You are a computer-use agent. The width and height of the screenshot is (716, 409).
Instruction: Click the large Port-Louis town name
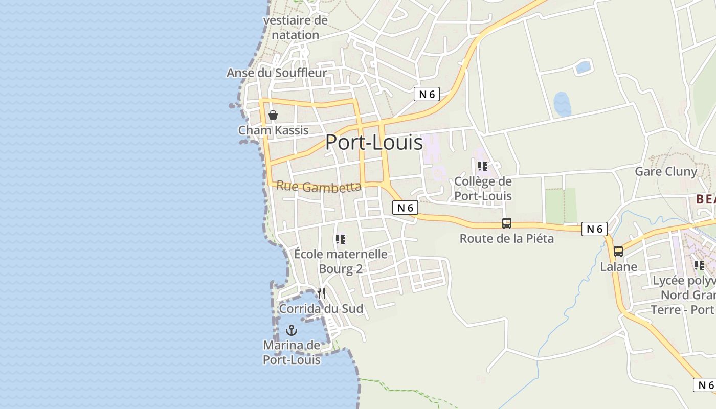point(374,142)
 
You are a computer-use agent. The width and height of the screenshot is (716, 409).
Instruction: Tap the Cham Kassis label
point(274,130)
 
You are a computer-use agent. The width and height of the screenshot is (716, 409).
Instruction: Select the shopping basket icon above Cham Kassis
point(273,115)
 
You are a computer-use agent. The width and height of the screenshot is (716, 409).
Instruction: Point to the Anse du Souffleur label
point(276,73)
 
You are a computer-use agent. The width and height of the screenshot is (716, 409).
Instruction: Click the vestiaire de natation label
point(295,28)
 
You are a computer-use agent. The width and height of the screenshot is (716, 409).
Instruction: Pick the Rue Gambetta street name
point(319,187)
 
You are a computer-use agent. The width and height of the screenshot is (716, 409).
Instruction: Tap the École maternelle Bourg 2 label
point(341,261)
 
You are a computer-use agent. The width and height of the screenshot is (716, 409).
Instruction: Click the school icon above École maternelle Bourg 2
point(341,239)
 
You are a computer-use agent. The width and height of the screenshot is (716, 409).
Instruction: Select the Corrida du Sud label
point(321,309)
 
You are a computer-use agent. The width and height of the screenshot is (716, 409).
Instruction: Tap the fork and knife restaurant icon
point(321,293)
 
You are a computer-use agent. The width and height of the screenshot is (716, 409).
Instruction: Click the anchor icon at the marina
point(292,330)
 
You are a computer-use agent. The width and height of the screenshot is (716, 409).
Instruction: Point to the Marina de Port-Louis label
point(292,352)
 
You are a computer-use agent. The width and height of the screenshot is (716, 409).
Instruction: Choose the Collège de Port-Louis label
point(483,188)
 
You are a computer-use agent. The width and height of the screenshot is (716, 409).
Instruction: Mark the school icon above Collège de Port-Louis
point(482,166)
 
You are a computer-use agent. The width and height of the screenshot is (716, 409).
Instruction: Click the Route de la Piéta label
point(506,238)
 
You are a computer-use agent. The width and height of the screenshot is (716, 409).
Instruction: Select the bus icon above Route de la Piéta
point(506,223)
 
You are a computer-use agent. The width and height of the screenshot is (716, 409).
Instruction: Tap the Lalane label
point(618,266)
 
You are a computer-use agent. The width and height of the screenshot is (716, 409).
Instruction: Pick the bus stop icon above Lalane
point(618,252)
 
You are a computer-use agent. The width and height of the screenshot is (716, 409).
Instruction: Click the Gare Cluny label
point(666,171)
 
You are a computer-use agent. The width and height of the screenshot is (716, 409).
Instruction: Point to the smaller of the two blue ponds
point(584,67)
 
